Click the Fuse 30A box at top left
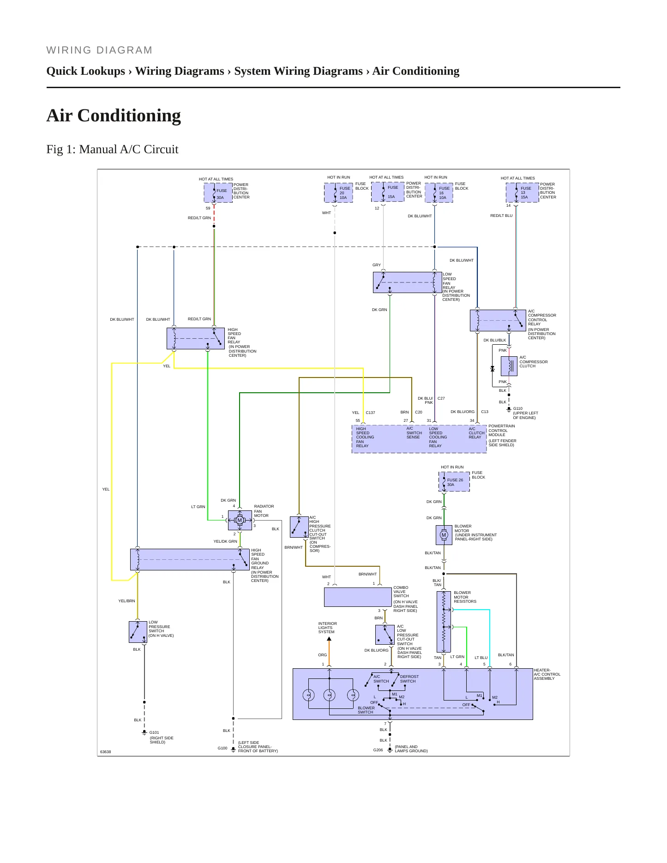[x=218, y=193]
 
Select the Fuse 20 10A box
[x=338, y=193]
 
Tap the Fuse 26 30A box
[x=454, y=481]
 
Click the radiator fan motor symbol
[x=240, y=520]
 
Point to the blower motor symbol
[x=444, y=535]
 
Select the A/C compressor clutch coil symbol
[x=509, y=366]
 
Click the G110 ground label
[x=518, y=408]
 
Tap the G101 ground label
[x=154, y=732]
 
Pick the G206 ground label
[x=378, y=750]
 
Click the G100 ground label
[x=222, y=748]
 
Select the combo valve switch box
[x=358, y=597]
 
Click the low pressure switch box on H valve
[x=138, y=632]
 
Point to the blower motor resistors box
[x=444, y=622]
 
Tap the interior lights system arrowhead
[x=329, y=639]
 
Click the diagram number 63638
[x=106, y=752]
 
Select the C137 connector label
[x=371, y=413]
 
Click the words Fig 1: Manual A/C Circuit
[x=112, y=150]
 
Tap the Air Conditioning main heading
[x=114, y=115]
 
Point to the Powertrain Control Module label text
[x=502, y=431]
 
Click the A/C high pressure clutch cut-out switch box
[x=299, y=527]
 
